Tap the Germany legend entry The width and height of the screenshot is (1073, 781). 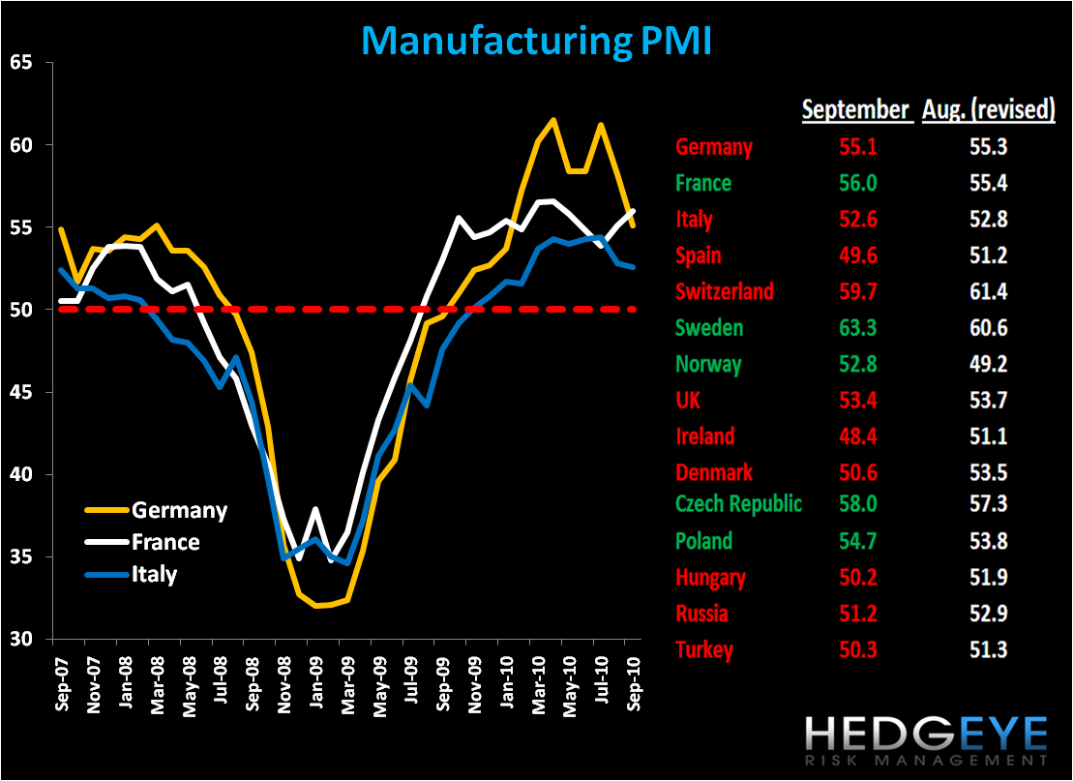pos(179,510)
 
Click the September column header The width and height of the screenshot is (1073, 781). pos(855,109)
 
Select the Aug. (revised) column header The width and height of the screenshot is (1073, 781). pos(987,109)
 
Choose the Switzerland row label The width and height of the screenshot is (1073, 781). pos(726,291)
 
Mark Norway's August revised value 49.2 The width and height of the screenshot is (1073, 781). pos(987,364)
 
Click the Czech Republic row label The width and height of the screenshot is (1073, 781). pos(739,504)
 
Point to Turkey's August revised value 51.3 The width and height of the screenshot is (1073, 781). pos(987,649)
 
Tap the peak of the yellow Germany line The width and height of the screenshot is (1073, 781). pos(552,120)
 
